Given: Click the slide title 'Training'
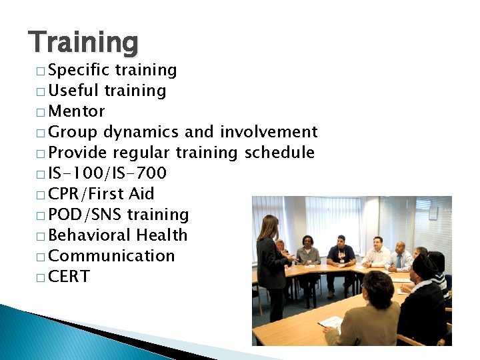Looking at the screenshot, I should (84, 42).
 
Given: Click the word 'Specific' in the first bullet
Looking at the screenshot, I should (79, 70).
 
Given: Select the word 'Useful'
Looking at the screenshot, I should (73, 91).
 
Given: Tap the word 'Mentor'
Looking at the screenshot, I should (77, 111).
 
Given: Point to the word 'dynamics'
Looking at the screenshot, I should (141, 132).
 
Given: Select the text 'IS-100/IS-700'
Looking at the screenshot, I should (107, 173).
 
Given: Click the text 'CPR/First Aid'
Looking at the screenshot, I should (101, 194).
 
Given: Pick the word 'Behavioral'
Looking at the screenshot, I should (89, 235).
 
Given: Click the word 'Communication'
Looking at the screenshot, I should (111, 256).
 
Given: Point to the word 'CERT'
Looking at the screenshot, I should (69, 277).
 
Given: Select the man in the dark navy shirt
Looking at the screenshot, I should (341, 253).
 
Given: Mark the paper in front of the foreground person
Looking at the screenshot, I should (331, 323).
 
